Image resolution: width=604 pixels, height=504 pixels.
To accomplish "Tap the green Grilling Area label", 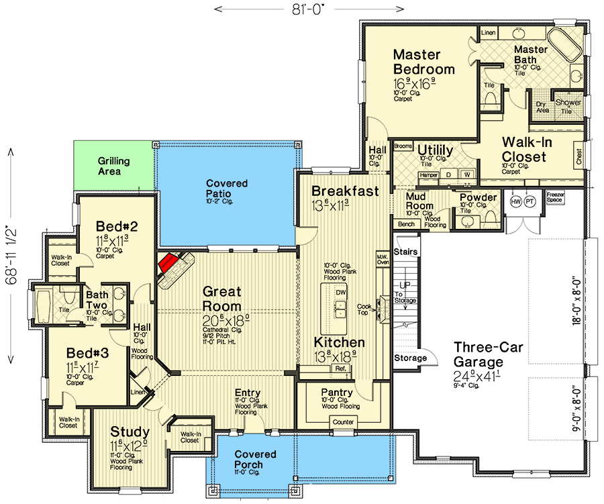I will (113, 166).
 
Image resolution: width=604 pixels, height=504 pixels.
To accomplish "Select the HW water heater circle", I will (516, 201).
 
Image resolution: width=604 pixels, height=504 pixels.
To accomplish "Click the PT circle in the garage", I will (530, 201).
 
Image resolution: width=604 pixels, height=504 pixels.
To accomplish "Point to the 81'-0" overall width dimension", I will (308, 9).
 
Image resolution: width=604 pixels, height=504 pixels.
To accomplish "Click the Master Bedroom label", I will (423, 62).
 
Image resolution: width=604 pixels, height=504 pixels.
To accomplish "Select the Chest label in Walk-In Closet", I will (579, 157).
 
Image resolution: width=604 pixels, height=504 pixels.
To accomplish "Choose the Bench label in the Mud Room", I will (405, 224).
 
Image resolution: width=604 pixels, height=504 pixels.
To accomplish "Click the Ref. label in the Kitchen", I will (340, 368).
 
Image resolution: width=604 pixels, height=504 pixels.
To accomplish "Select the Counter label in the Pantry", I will (343, 422).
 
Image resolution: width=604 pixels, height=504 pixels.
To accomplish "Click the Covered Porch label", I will (249, 460).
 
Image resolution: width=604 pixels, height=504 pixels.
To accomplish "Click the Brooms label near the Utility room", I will (403, 146).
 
